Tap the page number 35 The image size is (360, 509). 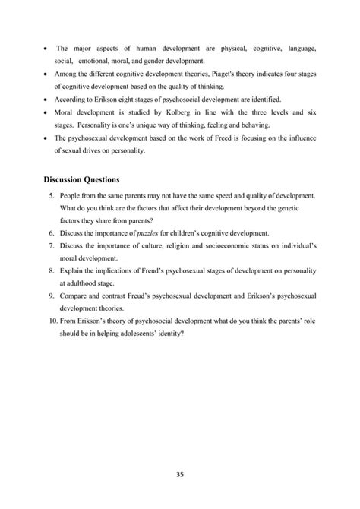(180, 476)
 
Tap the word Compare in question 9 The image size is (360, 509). (72, 299)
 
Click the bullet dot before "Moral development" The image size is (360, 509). (46, 112)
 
